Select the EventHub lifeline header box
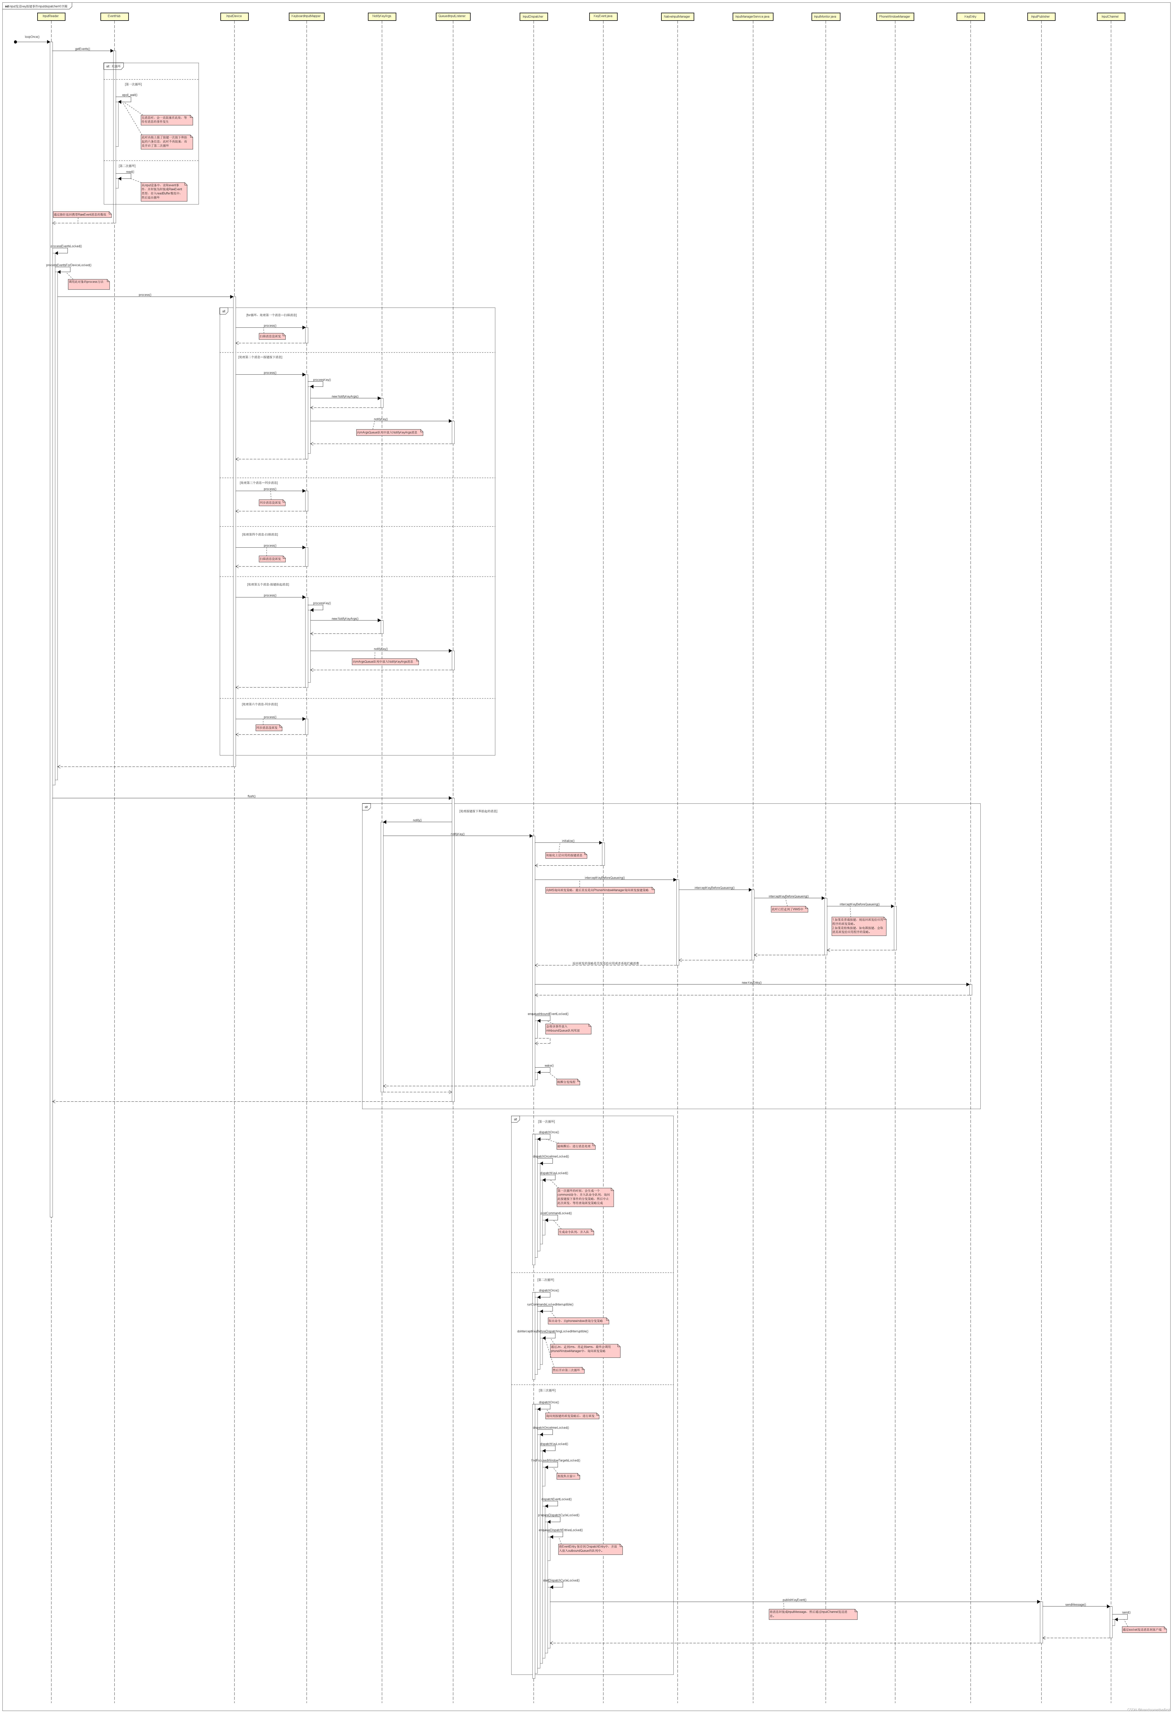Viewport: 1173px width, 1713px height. [114, 16]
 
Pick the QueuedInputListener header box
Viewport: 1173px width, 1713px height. [452, 16]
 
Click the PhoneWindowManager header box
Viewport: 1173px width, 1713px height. [895, 16]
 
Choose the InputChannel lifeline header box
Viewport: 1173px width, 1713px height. [1110, 16]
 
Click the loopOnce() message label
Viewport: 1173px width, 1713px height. [32, 36]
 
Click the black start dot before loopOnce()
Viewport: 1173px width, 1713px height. [16, 42]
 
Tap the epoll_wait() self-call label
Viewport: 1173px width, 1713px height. [130, 94]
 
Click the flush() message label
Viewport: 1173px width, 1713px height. [251, 796]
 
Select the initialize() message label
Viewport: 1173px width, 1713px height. [568, 840]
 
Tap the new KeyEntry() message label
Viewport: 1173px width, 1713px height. [752, 983]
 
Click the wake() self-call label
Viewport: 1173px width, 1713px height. [548, 1065]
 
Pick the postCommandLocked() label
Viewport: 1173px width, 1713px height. [556, 1213]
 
